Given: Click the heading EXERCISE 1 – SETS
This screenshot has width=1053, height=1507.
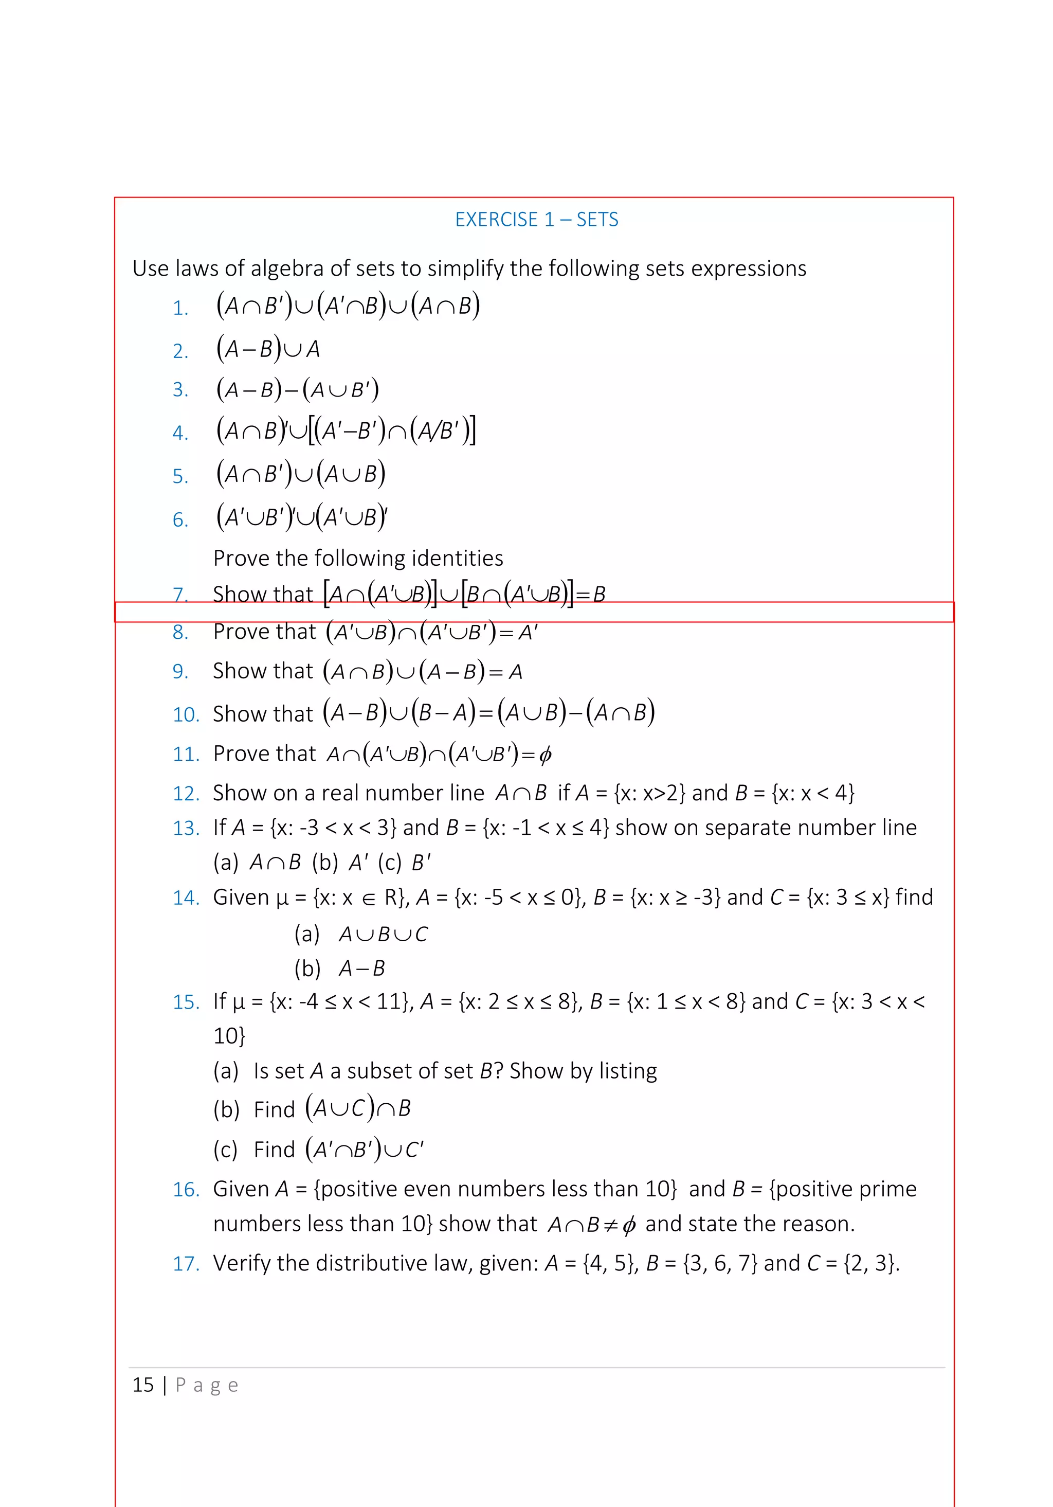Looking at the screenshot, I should click(x=536, y=219).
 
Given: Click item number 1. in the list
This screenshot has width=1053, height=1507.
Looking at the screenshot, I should click(x=180, y=308).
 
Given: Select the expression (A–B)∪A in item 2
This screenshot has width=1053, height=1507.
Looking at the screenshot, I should click(x=268, y=349).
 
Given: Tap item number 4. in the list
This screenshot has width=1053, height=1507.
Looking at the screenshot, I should click(x=180, y=433).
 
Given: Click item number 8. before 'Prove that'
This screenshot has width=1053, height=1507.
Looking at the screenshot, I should click(x=180, y=632).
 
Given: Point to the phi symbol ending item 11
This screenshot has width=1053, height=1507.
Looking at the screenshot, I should click(x=544, y=756).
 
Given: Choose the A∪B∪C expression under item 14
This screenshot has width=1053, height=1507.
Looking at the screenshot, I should click(x=383, y=934).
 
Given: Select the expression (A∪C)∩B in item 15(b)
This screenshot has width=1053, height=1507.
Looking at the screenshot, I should click(x=358, y=1108).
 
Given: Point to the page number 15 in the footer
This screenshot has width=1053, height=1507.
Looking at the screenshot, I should click(x=143, y=1385).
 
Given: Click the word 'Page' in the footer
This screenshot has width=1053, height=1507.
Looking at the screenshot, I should click(x=207, y=1385).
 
